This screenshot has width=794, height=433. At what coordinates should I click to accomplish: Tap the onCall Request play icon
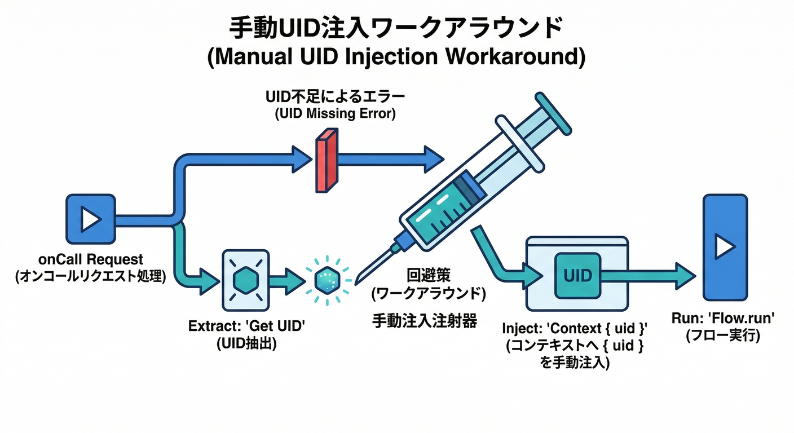[91, 219]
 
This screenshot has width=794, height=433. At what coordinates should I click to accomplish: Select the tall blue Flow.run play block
[725, 247]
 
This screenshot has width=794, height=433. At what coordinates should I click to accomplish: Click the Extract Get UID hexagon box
[246, 280]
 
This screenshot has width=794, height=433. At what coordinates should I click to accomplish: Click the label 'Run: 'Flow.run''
[722, 319]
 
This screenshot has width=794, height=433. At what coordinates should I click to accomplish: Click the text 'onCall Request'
[91, 260]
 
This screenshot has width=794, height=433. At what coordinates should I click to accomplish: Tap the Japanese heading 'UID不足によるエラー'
[335, 97]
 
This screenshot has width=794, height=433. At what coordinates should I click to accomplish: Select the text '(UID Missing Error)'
[335, 114]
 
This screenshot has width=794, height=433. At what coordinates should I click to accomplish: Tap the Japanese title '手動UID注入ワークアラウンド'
[396, 28]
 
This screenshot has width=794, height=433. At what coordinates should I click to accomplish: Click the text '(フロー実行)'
[722, 336]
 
